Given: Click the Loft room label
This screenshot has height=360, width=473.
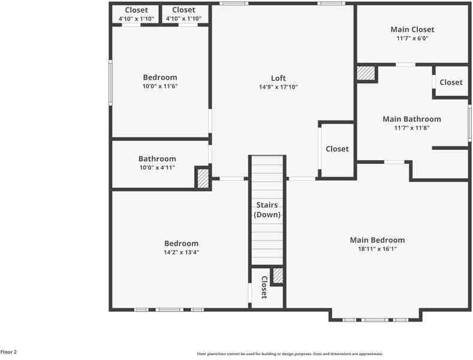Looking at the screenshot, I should [278, 78].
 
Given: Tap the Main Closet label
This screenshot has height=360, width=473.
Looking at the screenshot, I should [412, 29].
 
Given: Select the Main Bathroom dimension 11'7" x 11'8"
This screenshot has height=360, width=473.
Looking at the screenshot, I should [412, 128].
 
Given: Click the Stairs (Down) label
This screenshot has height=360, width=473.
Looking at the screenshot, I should [267, 210].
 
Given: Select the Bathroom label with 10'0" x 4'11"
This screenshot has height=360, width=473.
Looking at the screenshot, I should [157, 159].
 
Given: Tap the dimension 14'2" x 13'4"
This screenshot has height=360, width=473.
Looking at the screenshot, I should [181, 252].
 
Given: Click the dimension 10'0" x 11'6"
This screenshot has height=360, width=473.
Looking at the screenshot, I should [160, 86].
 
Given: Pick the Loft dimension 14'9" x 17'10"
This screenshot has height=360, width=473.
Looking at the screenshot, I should [278, 87].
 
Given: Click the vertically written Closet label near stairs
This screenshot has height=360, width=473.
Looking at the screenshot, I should [264, 287].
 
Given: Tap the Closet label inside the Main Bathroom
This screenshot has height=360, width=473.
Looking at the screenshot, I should [451, 82].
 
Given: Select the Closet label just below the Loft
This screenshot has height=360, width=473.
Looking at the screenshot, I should [337, 149].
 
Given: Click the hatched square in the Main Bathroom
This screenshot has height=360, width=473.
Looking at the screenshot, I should [365, 73].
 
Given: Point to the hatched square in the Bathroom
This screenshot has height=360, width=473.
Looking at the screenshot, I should [203, 178].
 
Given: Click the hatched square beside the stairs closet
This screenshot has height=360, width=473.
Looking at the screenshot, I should [278, 275].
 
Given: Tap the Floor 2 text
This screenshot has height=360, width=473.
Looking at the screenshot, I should [9, 352].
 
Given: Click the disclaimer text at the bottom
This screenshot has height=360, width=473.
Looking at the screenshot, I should [290, 354].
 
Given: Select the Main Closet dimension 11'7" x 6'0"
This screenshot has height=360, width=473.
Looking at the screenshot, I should [412, 38].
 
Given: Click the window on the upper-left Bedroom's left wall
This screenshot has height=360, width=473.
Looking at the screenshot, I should [110, 82].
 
